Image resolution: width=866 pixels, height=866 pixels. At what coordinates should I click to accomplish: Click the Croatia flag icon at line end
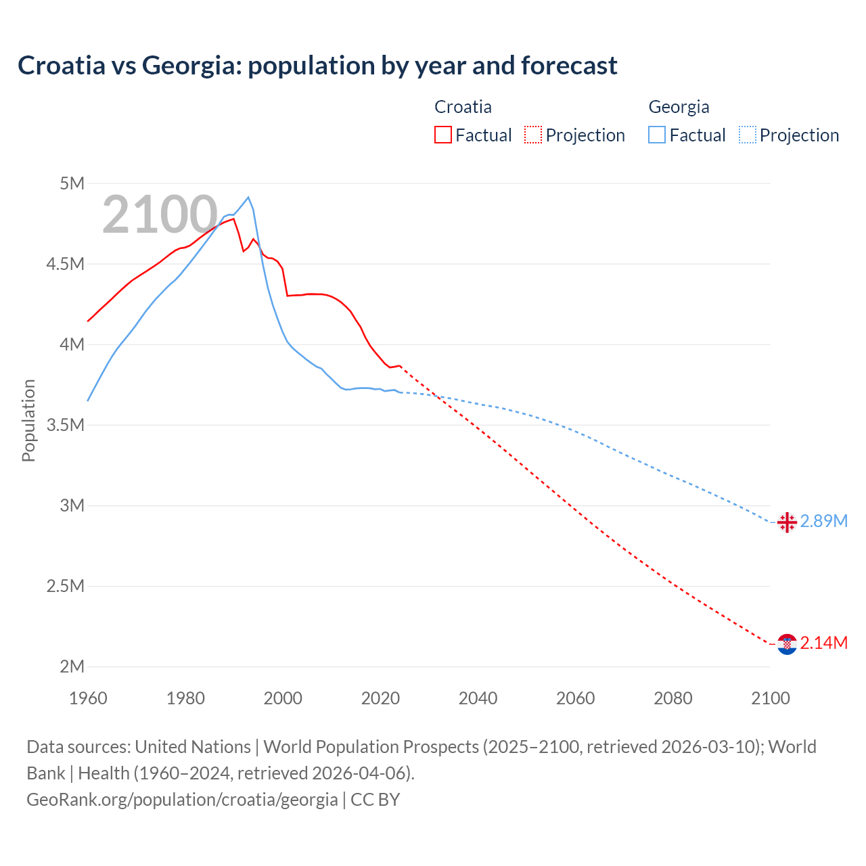pos(787,644)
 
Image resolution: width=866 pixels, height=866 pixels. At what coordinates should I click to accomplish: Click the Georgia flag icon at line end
pos(787,522)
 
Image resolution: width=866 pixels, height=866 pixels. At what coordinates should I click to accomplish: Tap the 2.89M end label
pos(824,521)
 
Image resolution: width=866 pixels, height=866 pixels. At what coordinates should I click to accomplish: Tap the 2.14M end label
pos(824,643)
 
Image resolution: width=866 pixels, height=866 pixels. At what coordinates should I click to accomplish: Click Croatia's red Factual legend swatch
pos(443,135)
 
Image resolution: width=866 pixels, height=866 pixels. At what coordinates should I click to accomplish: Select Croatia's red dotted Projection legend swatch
pos(533,135)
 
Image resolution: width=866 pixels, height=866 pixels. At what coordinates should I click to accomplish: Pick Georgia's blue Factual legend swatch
pos(657,135)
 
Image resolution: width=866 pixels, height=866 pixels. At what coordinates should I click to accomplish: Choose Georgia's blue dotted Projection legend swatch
pos(748,135)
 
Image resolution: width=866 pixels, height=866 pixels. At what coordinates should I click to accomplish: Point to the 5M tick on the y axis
pos(72,183)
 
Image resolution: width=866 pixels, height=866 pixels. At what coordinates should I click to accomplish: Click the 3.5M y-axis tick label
pos(66,425)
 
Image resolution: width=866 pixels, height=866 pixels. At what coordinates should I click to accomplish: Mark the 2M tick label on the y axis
pos(72,666)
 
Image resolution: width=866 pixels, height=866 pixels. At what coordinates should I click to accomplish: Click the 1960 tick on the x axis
pos(88,698)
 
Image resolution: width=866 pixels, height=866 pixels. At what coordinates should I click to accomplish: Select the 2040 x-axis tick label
pos(478,698)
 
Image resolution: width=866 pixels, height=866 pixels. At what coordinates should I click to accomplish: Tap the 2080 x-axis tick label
pos(673,698)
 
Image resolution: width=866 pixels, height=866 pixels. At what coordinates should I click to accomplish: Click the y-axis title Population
pos(28,420)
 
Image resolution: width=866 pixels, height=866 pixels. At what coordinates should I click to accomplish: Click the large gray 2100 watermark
pos(160,214)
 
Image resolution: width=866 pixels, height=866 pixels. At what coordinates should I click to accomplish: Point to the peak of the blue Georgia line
pos(248,198)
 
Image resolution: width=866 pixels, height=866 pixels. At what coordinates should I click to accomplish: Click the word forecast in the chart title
pos(569,66)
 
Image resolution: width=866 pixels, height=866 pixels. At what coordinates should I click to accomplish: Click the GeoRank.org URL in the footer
pos(182,800)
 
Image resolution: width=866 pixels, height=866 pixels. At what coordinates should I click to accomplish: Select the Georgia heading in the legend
pos(679,107)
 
